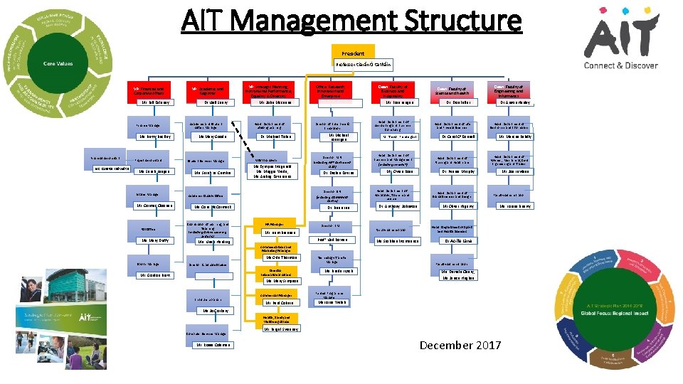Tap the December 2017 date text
460,346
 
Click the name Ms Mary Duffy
150,240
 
